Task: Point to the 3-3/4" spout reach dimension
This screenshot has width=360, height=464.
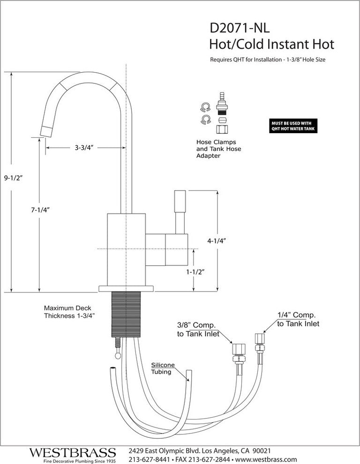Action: point(84,148)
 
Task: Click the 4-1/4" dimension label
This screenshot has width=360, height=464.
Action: point(217,241)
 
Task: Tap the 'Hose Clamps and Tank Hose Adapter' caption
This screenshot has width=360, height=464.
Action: point(216,149)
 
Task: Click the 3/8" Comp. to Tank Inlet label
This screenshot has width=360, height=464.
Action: point(197,329)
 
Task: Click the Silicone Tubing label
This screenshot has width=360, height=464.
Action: point(162,368)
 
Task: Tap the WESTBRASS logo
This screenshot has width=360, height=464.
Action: point(72,453)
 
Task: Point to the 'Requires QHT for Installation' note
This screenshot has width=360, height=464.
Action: point(268,60)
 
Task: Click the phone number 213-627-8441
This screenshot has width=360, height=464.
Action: point(149,459)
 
